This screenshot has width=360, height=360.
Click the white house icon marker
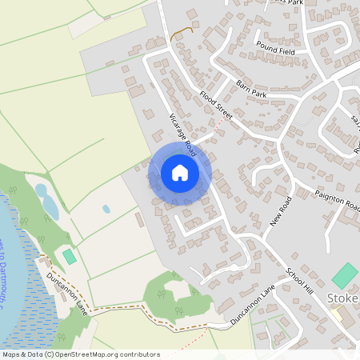[179, 172]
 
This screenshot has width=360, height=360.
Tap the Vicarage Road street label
[182, 134]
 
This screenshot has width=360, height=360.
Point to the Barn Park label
[250, 88]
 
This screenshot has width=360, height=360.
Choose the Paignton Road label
[337, 200]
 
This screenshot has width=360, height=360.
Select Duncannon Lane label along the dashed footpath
[66, 287]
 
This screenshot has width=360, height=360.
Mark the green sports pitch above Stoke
[345, 275]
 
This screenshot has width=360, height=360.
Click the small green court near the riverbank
[69, 256]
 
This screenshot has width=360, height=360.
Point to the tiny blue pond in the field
[106, 210]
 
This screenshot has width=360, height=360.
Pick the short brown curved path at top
[182, 33]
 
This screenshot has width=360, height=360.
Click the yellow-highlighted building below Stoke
[337, 314]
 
